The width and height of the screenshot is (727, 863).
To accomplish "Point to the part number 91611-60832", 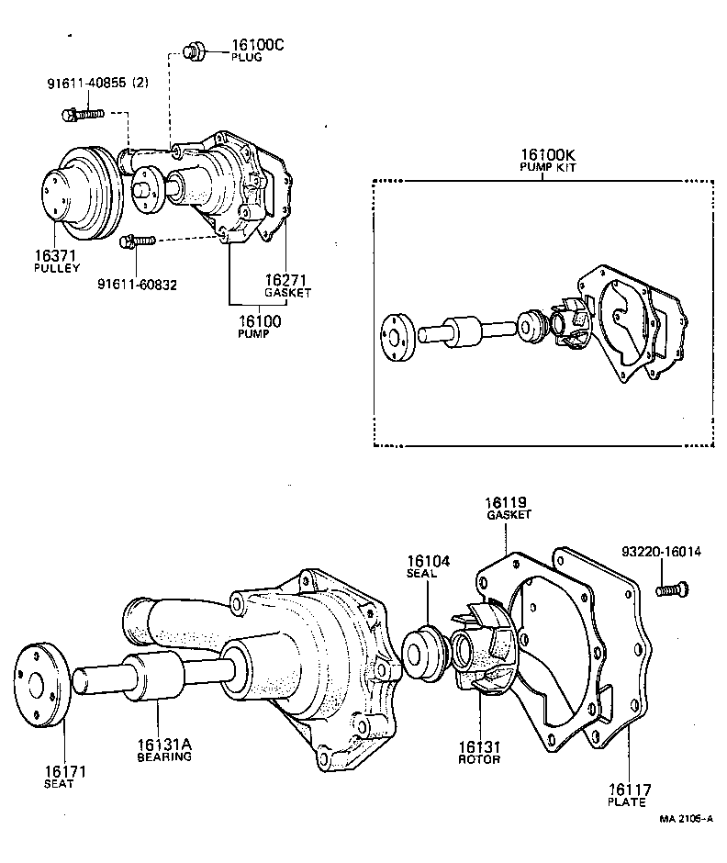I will pos(137,284).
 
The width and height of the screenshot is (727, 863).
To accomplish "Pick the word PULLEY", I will pos(57,268).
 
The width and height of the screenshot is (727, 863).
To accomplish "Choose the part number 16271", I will pos(285,279).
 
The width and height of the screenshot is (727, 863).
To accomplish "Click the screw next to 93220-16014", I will pos(670,590).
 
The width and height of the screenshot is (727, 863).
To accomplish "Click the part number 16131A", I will pos(164,745).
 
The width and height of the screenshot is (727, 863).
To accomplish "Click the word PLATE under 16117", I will pos(628,801).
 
